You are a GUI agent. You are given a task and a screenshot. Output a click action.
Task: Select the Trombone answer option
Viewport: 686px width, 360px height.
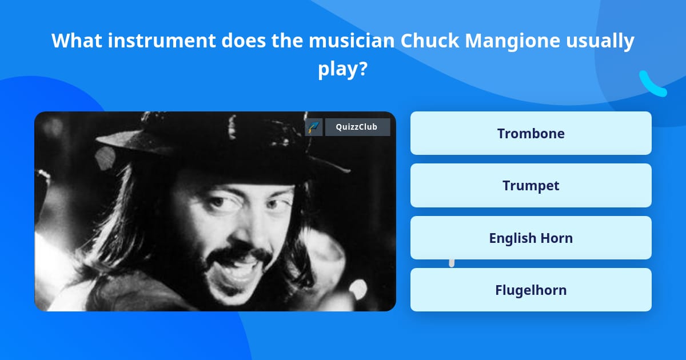(x=531, y=133)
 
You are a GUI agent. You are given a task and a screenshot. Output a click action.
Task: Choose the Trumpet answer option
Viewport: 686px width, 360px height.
(x=531, y=186)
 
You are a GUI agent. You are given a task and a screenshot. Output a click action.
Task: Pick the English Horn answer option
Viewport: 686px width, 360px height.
(x=531, y=238)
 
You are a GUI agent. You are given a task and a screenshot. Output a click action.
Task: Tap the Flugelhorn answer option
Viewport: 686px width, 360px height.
(x=531, y=290)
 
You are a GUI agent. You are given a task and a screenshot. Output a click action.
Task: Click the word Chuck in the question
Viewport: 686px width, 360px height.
(x=430, y=41)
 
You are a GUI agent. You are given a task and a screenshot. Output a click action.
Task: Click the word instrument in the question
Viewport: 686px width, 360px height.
(x=162, y=41)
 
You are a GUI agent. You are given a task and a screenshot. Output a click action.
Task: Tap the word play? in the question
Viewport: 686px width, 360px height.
(x=342, y=69)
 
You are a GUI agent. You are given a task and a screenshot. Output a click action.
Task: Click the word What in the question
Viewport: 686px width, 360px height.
(x=77, y=41)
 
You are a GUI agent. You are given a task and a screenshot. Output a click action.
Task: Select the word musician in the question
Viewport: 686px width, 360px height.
(x=352, y=41)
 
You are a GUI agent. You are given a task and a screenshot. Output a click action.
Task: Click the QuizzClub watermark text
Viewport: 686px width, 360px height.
(x=357, y=127)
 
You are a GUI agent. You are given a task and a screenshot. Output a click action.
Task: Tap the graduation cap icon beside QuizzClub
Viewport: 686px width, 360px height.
(x=314, y=127)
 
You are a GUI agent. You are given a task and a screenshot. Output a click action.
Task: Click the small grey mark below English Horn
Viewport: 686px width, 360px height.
(x=452, y=263)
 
